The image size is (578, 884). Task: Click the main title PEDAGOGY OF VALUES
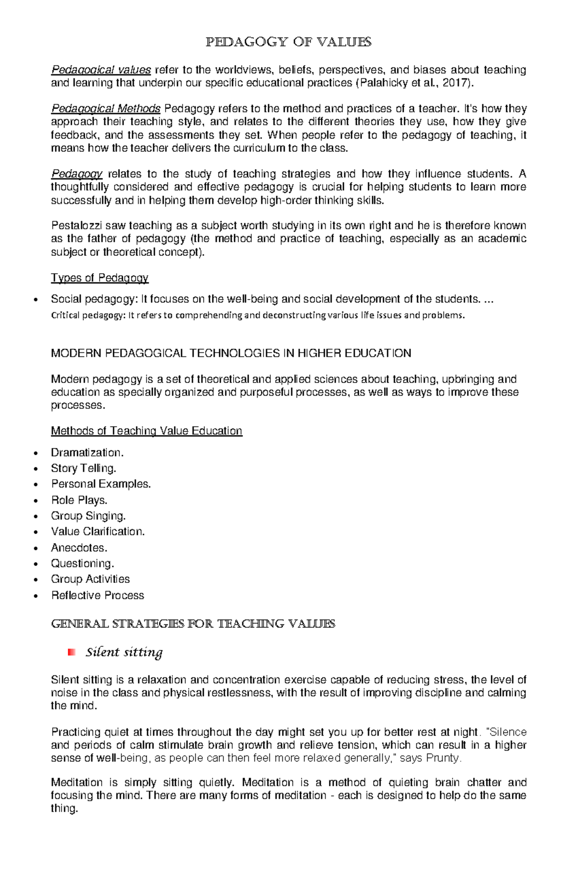(289, 42)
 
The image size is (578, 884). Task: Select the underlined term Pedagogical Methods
(106, 108)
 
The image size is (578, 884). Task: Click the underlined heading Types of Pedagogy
(100, 278)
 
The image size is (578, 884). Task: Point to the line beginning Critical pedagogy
(258, 316)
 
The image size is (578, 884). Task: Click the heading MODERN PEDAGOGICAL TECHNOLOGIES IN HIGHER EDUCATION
(231, 353)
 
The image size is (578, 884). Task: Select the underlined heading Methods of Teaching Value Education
(146, 431)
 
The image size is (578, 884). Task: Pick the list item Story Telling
(83, 468)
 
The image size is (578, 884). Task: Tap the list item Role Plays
(79, 500)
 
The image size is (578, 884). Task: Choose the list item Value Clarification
(98, 531)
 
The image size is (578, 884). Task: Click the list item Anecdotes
(79, 548)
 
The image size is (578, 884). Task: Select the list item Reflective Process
(97, 595)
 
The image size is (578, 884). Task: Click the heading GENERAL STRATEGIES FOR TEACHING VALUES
(193, 624)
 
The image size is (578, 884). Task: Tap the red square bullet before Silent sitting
(72, 652)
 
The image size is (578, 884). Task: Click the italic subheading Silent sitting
(124, 652)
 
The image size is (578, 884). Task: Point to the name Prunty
(445, 758)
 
